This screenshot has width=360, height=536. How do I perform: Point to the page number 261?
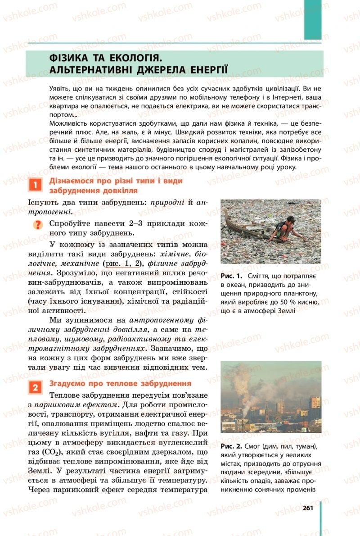pyautogui.click(x=308, y=508)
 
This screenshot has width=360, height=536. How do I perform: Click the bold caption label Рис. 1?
pyautogui.click(x=231, y=275)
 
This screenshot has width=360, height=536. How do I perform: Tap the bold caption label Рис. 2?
pyautogui.click(x=231, y=446)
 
